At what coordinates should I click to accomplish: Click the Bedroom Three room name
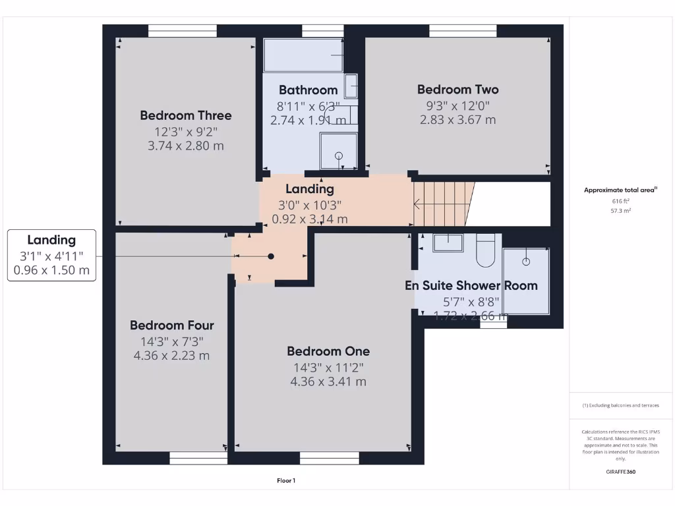[185, 115]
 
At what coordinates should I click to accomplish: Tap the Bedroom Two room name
[457, 90]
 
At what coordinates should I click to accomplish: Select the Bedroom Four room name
[171, 325]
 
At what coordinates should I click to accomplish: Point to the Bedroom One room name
[328, 351]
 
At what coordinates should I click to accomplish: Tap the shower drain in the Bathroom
[339, 156]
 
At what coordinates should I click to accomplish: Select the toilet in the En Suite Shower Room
[485, 250]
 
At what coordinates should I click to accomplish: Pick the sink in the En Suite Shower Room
[448, 242]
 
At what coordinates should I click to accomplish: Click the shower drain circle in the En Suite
[526, 262]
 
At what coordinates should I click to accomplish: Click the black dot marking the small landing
[270, 256]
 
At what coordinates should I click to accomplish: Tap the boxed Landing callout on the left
[51, 255]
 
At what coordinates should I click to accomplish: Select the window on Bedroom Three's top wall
[183, 31]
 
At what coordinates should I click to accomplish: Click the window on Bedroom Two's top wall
[463, 31]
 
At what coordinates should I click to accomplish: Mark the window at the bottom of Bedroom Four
[198, 458]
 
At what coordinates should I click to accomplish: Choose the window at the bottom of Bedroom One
[329, 458]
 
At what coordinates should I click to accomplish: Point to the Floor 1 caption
[286, 480]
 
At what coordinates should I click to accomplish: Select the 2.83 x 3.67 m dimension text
[457, 120]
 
